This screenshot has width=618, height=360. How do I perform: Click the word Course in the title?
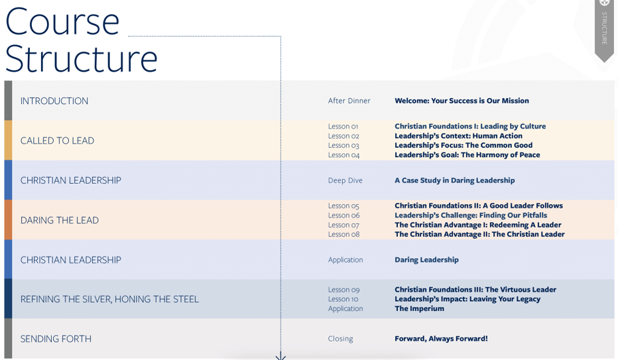click(x=62, y=22)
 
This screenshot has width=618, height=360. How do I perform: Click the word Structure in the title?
click(x=81, y=59)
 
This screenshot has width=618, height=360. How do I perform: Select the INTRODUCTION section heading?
click(x=54, y=101)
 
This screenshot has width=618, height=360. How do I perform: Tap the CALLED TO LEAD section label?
click(x=57, y=141)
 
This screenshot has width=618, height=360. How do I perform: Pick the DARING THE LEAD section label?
click(x=60, y=220)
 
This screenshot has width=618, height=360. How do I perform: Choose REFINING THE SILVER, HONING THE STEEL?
click(x=109, y=300)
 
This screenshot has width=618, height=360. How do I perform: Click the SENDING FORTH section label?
click(x=56, y=339)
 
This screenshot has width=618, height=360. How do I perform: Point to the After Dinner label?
click(x=349, y=101)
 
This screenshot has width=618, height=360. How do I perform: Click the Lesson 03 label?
click(x=343, y=145)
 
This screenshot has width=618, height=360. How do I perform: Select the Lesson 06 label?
click(x=343, y=215)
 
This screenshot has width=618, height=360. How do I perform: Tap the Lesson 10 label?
click(x=343, y=299)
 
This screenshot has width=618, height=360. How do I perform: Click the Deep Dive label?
click(x=345, y=180)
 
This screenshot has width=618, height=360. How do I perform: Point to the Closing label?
click(x=341, y=339)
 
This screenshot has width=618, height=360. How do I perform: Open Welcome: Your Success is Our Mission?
click(x=462, y=101)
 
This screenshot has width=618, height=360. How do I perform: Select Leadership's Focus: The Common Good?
click(x=463, y=145)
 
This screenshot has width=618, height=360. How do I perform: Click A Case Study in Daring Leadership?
click(x=455, y=180)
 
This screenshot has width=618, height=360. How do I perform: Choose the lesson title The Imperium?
click(x=419, y=308)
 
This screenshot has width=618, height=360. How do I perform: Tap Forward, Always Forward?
click(x=441, y=339)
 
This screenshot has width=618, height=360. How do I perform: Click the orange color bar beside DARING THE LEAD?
click(x=8, y=220)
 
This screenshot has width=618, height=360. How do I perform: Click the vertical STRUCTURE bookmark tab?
click(x=604, y=30)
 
